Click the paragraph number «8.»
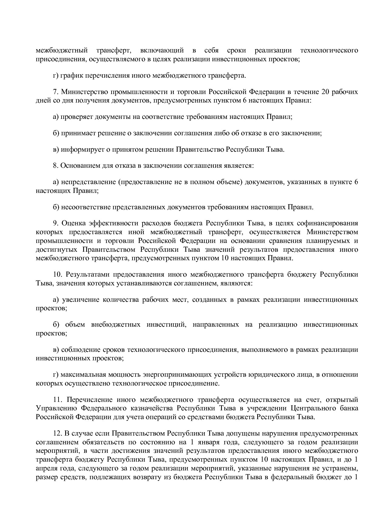point(55,166)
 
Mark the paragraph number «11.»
point(58,400)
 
